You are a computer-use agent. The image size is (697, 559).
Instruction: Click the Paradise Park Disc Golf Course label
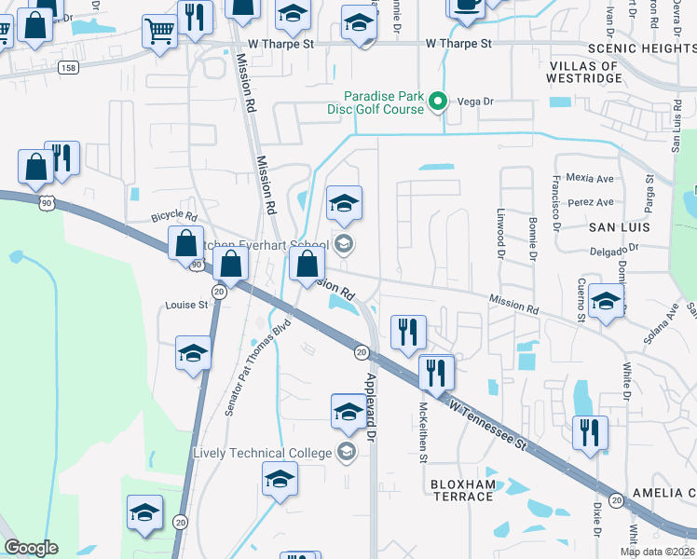pos(384,102)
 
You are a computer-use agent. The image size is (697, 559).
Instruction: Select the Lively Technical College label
pos(262,453)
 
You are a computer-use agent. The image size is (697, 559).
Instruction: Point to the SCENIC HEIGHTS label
pos(641,47)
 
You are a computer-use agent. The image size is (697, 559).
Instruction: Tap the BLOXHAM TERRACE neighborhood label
pos(462,490)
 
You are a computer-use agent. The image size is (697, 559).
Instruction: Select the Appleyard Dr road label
pos(371,406)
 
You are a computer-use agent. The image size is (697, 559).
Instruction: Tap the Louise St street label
pos(186,305)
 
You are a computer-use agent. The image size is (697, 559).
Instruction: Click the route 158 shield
pos(67,67)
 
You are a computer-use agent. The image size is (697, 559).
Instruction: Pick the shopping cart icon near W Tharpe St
pos(159,32)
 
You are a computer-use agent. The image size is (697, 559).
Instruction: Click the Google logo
pos(31,548)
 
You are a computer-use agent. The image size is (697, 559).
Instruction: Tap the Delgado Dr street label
pos(615,249)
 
